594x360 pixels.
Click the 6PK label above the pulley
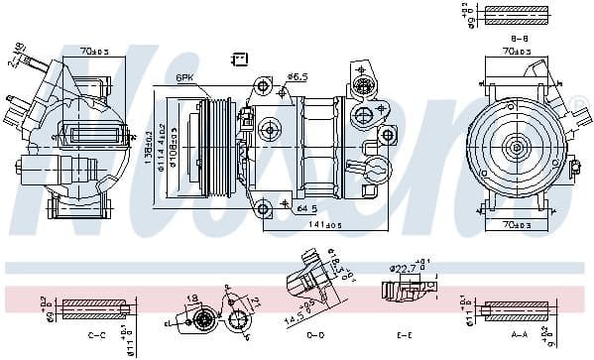(x=184, y=78)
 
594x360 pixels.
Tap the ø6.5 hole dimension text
(x=297, y=75)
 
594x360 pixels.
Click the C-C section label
(x=97, y=335)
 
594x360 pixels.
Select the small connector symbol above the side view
(x=238, y=59)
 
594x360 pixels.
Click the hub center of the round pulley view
(x=515, y=148)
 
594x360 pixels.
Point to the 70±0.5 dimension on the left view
(x=95, y=50)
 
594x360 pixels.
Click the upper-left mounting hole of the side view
(x=262, y=85)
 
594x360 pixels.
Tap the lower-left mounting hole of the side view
(x=264, y=208)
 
